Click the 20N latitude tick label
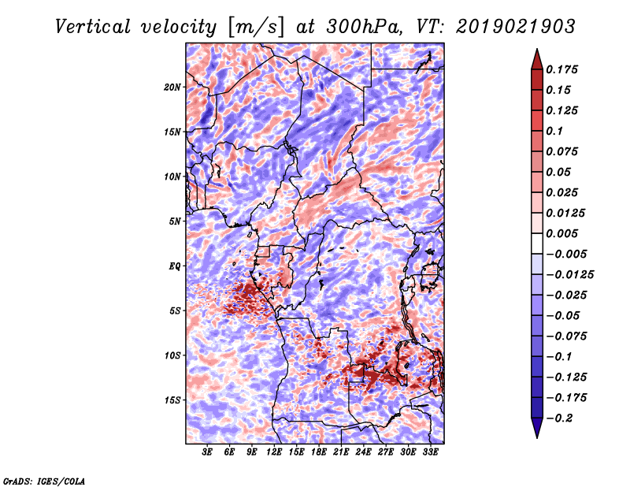[x=172, y=87]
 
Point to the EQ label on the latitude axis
[x=175, y=266]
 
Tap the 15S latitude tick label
[x=172, y=400]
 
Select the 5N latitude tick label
[x=175, y=221]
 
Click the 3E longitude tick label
[x=207, y=452]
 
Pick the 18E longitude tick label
[x=319, y=452]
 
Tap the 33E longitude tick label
[x=430, y=452]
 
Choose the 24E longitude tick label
[x=363, y=452]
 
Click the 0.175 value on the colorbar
[x=561, y=69]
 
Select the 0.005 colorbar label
[x=561, y=233]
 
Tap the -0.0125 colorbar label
[x=569, y=275]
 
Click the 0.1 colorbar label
[x=554, y=131]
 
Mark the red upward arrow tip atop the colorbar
[x=537, y=49]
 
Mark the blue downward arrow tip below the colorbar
[x=537, y=437]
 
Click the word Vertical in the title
[x=93, y=27]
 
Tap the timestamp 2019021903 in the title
[x=516, y=27]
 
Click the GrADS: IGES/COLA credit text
[x=44, y=481]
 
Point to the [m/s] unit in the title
[x=255, y=28]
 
